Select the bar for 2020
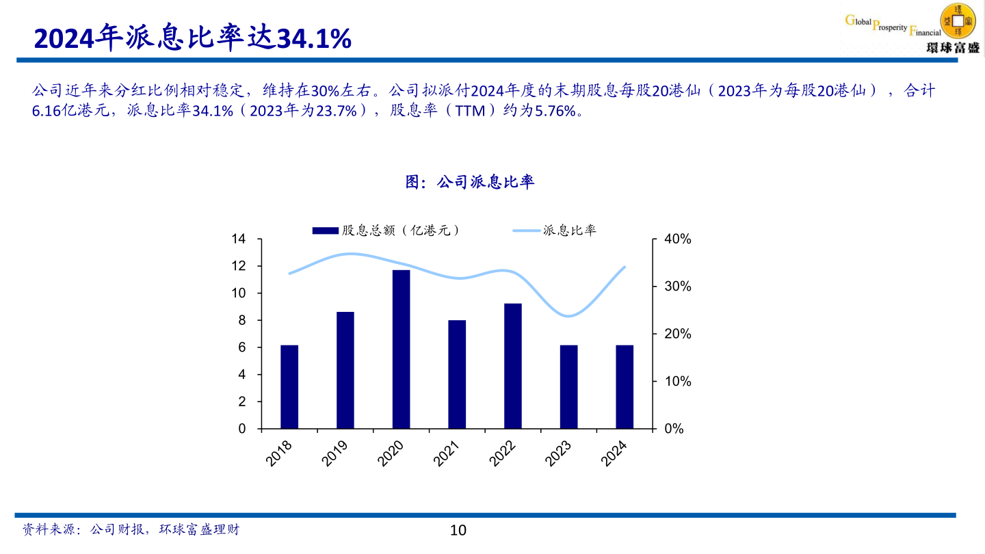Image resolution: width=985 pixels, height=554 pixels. pyautogui.click(x=401, y=349)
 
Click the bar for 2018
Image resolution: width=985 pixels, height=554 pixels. pyautogui.click(x=289, y=387)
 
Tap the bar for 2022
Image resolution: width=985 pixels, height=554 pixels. pyautogui.click(x=513, y=366)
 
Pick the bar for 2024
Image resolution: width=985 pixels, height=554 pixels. pyautogui.click(x=625, y=387)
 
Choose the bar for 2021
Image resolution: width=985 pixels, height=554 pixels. pyautogui.click(x=457, y=374)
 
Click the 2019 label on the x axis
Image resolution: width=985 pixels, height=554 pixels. pyautogui.click(x=334, y=453)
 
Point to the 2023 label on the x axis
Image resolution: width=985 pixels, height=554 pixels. pyautogui.click(x=558, y=453)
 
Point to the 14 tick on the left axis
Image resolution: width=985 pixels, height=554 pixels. pyautogui.click(x=238, y=239)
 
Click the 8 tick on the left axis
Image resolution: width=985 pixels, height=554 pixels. pyautogui.click(x=241, y=321)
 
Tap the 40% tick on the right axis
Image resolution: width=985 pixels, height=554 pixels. pyautogui.click(x=678, y=239)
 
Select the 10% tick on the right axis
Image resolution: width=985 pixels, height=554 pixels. pyautogui.click(x=678, y=382)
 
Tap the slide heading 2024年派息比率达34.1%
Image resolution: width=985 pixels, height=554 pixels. pyautogui.click(x=193, y=39)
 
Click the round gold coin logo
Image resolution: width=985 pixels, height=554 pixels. pyautogui.click(x=958, y=20)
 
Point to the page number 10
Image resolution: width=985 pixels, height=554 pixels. pyautogui.click(x=458, y=530)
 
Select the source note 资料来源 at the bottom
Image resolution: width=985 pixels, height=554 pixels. pyautogui.click(x=131, y=529)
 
